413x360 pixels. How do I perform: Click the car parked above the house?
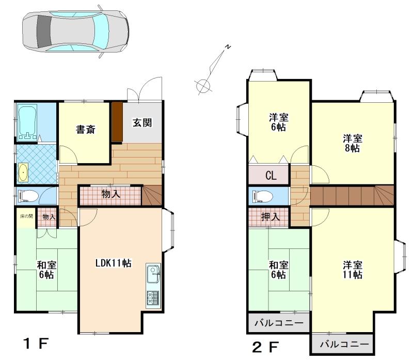coord(75,31)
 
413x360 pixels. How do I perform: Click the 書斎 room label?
coord(85,130)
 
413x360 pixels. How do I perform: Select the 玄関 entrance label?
coord(142,122)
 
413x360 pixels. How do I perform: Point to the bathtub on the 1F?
coord(27,121)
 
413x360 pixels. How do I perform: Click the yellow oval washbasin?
coord(23,173)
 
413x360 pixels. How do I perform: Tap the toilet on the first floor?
coord(28,196)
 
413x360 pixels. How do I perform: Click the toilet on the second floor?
coord(262,196)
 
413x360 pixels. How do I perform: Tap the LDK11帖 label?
coord(113,263)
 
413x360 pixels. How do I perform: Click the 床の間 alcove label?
coord(26,216)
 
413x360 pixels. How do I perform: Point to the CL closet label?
coord(271,176)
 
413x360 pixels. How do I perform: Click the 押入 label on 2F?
coord(270,217)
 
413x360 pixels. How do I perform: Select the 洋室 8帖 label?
coord(353,144)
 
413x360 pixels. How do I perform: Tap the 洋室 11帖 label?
coord(353,270)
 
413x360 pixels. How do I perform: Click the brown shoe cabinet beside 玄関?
coord(117,122)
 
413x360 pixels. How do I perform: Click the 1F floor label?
coord(36,343)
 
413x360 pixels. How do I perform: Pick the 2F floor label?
coord(265,347)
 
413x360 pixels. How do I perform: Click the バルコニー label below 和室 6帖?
coord(279,323)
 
